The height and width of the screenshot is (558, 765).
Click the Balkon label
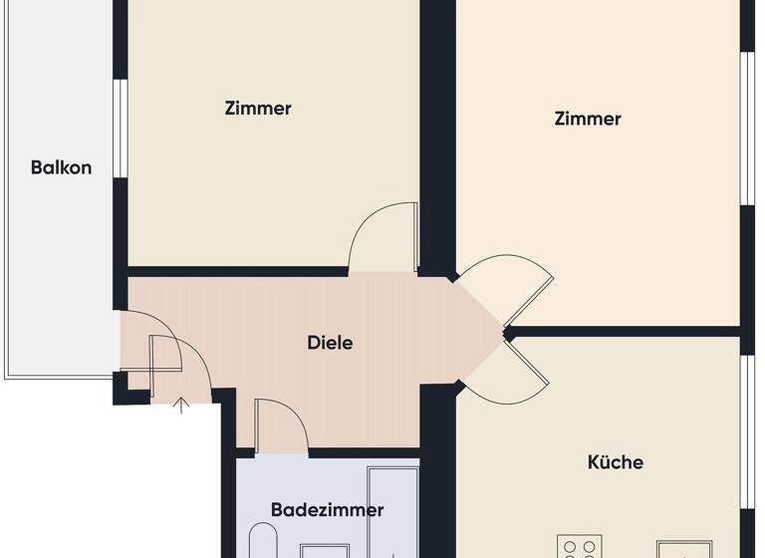[61, 167]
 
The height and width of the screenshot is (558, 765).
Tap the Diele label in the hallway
[329, 343]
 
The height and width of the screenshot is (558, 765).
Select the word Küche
[615, 462]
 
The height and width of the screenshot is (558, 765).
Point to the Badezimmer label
[327, 510]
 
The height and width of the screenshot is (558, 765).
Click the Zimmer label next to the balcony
[258, 108]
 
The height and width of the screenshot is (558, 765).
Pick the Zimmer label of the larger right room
[588, 119]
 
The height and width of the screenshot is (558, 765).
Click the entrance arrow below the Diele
[182, 405]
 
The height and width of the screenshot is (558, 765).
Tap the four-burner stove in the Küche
[581, 549]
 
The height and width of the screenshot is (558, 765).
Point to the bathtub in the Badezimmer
[392, 513]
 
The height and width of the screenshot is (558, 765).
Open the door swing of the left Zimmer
[383, 236]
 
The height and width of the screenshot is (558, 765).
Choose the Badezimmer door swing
[281, 424]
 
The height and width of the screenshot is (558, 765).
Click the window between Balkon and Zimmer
[119, 128]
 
